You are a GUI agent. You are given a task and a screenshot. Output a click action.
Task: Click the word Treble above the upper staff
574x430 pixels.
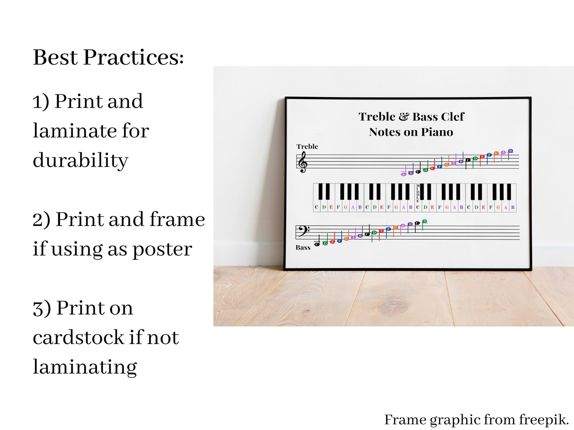[307, 147]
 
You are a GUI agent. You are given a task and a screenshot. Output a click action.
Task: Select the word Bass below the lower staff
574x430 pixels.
[303, 248]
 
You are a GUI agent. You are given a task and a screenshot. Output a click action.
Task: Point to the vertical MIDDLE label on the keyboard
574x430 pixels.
[418, 193]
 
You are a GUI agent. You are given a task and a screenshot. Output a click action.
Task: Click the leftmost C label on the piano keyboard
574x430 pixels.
[317, 207]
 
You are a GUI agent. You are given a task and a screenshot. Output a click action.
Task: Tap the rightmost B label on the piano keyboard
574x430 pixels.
[513, 207]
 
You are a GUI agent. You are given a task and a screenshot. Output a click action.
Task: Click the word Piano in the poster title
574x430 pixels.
[437, 132]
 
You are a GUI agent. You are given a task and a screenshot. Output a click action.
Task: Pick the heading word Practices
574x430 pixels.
[133, 57]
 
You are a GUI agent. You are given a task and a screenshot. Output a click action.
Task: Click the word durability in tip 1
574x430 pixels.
[80, 160]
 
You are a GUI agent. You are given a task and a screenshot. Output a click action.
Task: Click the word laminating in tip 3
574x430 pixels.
[85, 367]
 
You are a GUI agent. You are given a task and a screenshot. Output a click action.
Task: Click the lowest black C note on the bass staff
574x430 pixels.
[317, 244]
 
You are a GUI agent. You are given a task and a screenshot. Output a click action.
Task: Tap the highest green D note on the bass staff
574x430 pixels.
[425, 221]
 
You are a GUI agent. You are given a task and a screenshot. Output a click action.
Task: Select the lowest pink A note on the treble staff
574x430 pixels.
[403, 174]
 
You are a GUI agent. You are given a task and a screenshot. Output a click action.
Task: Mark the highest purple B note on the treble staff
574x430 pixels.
[510, 151]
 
